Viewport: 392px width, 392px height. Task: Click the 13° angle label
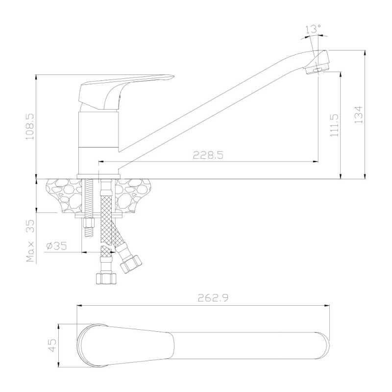click(313, 29)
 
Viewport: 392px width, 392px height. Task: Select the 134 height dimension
click(359, 115)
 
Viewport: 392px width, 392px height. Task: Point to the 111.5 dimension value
click(334, 125)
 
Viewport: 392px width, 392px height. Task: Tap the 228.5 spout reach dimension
click(208, 155)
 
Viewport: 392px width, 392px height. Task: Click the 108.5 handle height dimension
click(30, 126)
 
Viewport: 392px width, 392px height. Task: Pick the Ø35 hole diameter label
click(57, 246)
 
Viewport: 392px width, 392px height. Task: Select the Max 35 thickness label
click(30, 241)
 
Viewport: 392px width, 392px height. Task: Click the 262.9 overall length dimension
click(213, 298)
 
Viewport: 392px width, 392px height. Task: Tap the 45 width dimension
click(52, 345)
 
